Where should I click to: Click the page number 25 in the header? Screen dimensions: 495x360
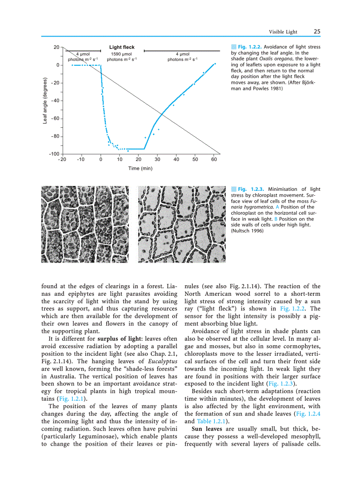coord(317,32)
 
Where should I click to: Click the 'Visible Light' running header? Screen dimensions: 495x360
coord(283,32)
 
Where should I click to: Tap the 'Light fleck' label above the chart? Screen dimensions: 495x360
coord(122,47)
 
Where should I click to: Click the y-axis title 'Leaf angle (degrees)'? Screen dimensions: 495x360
coord(45,101)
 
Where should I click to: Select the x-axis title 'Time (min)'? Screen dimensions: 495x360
coord(140,168)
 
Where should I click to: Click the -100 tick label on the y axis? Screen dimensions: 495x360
coord(54,154)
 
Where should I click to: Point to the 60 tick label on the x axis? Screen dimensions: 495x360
coord(214,160)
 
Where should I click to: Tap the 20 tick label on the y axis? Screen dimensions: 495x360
coord(56,47)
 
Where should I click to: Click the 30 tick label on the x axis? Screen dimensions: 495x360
coord(157,160)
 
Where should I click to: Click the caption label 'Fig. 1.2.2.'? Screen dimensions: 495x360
coord(250,47)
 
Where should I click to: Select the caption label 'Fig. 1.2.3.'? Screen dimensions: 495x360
coord(251,189)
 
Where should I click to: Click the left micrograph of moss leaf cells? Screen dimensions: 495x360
coord(85,224)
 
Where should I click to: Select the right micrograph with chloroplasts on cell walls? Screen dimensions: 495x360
coord(181,224)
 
